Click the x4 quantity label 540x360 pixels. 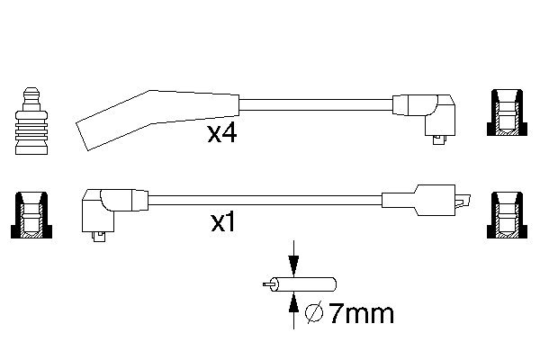222,134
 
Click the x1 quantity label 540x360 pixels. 223,222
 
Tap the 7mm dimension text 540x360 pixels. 362,313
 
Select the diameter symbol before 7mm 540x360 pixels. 314,312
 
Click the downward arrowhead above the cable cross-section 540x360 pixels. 293,266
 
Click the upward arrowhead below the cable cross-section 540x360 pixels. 293,302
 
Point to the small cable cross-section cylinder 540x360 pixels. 303,284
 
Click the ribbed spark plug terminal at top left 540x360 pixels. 31,121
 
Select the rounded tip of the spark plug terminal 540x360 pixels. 31,91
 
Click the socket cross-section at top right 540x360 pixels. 507,112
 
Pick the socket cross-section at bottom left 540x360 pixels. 31,214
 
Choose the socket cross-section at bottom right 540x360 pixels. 507,215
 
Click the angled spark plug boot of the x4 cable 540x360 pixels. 157,120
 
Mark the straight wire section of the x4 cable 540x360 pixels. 316,104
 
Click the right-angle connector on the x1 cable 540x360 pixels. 115,211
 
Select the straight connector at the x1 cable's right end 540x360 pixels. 426,201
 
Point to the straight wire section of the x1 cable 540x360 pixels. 265,201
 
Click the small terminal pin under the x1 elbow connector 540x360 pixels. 100,237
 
